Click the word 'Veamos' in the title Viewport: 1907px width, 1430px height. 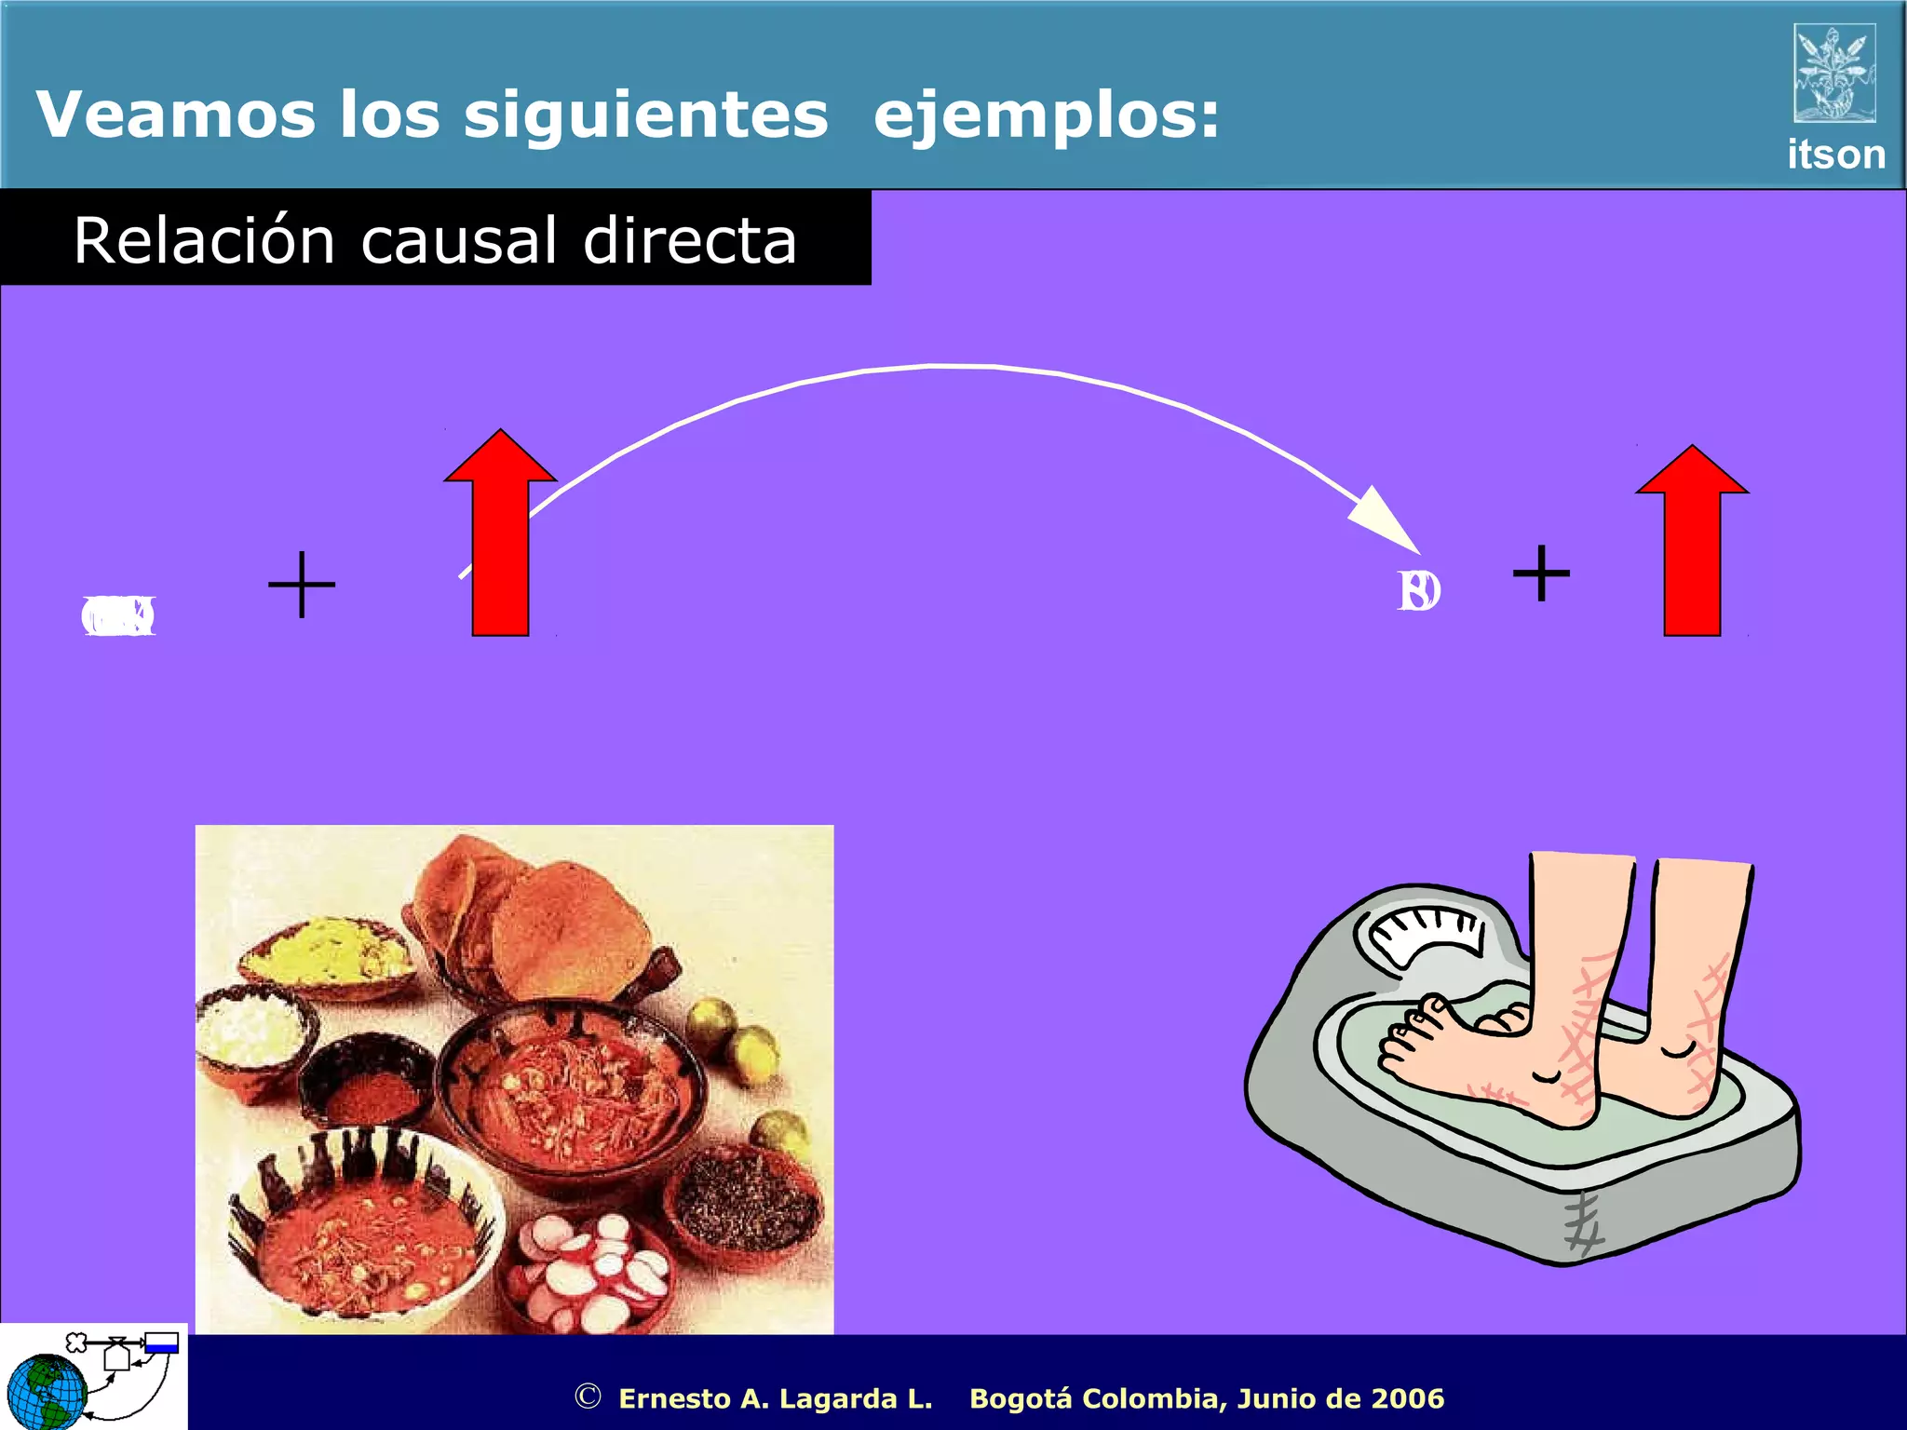(175, 115)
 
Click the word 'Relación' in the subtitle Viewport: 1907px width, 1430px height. (204, 240)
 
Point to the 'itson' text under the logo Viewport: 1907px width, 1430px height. (1835, 155)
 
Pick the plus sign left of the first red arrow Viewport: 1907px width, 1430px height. (302, 585)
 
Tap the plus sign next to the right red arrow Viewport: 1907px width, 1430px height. (1541, 573)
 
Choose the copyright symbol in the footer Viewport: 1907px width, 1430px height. (588, 1396)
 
